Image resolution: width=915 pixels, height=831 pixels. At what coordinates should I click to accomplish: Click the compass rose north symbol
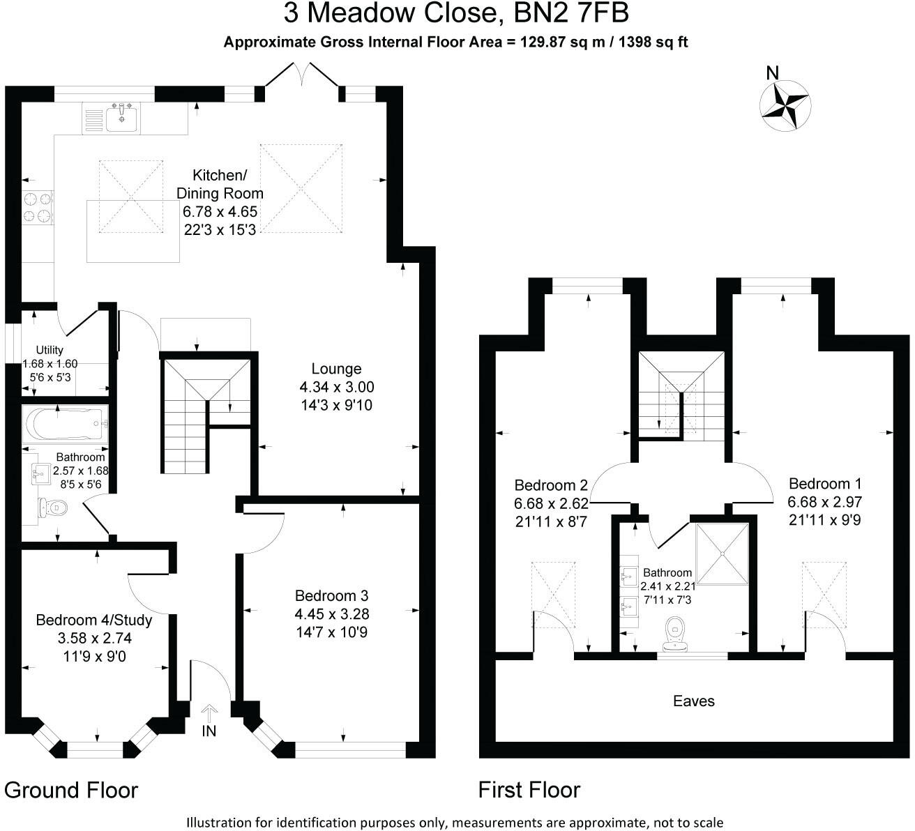pyautogui.click(x=785, y=105)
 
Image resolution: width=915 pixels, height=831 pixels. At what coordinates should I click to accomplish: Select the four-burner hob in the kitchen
pyautogui.click(x=38, y=208)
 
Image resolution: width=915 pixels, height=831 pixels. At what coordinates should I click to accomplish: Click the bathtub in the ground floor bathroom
pyautogui.click(x=66, y=424)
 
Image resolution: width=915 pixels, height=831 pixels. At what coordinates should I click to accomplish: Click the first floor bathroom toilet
pyautogui.click(x=676, y=634)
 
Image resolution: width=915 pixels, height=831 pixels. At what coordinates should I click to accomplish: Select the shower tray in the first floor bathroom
pyautogui.click(x=722, y=554)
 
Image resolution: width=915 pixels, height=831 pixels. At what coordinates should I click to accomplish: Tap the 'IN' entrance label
pyautogui.click(x=209, y=731)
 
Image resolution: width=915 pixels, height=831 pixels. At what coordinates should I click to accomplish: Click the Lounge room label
pyautogui.click(x=336, y=369)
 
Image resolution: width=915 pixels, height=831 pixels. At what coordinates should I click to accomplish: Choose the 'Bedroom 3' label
pyautogui.click(x=331, y=595)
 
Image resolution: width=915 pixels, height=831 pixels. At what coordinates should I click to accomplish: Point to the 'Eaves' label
pyautogui.click(x=694, y=701)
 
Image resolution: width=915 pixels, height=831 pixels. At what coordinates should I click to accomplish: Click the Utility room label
pyautogui.click(x=50, y=350)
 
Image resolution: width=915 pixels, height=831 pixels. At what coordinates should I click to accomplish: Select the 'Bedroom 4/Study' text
pyautogui.click(x=94, y=620)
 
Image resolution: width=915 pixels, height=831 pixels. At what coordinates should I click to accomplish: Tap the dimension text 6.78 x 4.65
pyautogui.click(x=220, y=212)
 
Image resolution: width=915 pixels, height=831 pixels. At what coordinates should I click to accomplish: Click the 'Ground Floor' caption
pyautogui.click(x=71, y=791)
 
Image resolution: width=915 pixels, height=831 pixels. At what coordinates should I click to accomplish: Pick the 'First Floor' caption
pyautogui.click(x=529, y=790)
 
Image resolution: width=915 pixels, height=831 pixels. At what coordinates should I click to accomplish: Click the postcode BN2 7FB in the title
pyautogui.click(x=571, y=13)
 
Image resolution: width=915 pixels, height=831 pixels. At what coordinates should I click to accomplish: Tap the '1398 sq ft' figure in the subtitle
pyautogui.click(x=653, y=42)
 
